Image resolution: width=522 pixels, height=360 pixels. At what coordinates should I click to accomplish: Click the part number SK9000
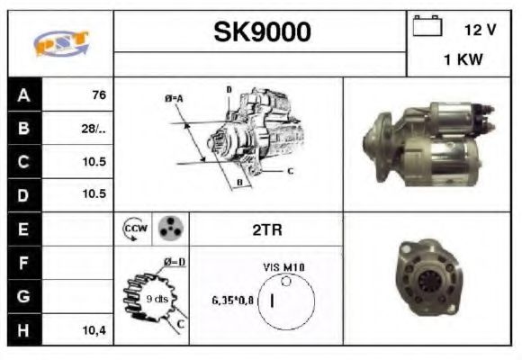click(x=262, y=32)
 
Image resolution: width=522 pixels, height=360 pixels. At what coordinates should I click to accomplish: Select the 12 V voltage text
click(x=480, y=30)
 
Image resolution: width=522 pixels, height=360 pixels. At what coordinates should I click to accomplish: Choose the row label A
click(x=23, y=94)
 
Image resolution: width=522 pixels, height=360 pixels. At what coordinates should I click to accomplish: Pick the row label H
click(x=23, y=330)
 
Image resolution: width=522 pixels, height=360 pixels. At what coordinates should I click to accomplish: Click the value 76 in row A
click(x=99, y=94)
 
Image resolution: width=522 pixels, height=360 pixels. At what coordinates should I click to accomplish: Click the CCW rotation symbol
click(x=134, y=229)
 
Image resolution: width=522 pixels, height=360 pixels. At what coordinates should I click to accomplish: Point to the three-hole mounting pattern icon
click(x=170, y=229)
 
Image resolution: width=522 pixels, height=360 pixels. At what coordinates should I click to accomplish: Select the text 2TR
click(x=266, y=230)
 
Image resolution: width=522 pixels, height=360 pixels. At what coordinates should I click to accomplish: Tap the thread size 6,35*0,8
click(x=233, y=300)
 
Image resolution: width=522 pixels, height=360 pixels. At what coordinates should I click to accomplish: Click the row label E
click(x=23, y=229)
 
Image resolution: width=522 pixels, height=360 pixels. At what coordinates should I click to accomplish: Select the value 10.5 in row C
click(x=95, y=162)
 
